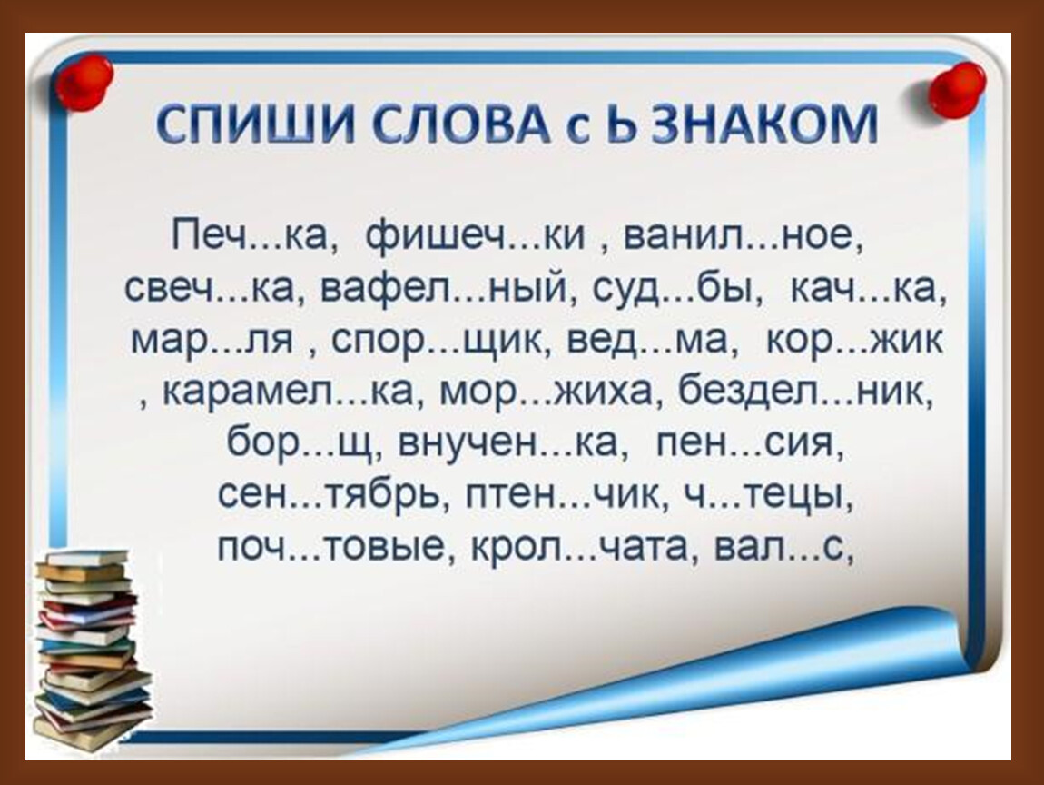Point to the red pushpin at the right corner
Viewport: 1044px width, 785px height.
[x=956, y=89]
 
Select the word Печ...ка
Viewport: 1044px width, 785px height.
[x=251, y=235]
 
